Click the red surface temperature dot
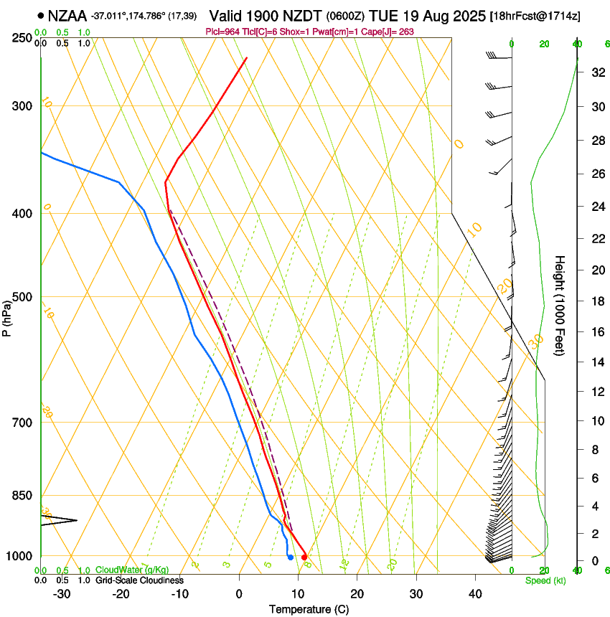pyautogui.click(x=304, y=557)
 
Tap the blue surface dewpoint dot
pyautogui.click(x=290, y=557)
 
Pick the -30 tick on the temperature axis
pyautogui.click(x=62, y=594)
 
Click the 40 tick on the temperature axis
pyautogui.click(x=474, y=594)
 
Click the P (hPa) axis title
pyautogui.click(x=7, y=316)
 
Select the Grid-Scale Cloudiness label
pyautogui.click(x=139, y=580)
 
